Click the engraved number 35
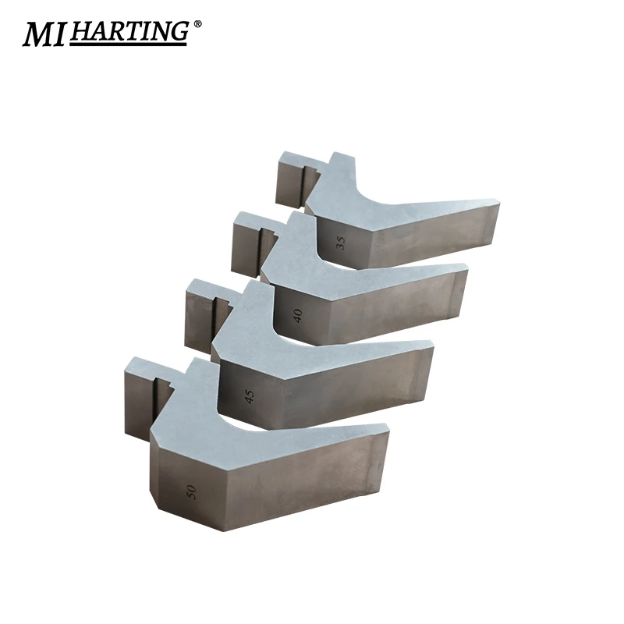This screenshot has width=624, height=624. coord(340,240)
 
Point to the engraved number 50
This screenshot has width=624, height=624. coord(191,491)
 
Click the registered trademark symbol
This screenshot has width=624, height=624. coord(197,24)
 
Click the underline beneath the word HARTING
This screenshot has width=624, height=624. coord(129,43)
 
